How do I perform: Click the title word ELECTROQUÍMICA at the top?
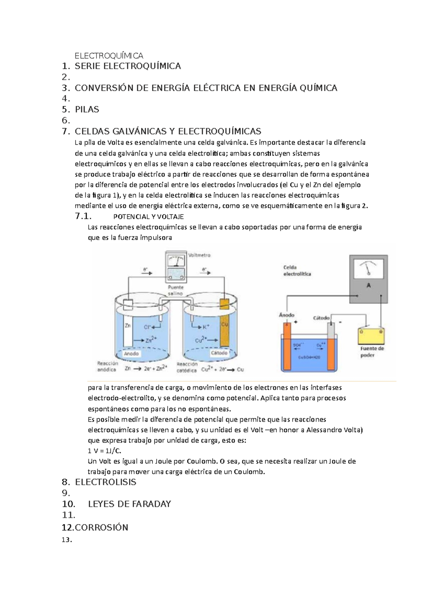click(x=109, y=56)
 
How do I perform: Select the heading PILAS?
click(x=87, y=109)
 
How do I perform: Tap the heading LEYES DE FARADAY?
click(x=129, y=504)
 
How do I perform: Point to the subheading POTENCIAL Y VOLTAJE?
click(x=148, y=217)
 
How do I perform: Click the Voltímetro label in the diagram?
click(x=199, y=255)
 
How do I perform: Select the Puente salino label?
click(x=176, y=290)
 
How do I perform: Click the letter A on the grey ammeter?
click(x=368, y=286)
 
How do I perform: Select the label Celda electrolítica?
click(x=297, y=271)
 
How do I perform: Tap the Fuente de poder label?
click(x=372, y=352)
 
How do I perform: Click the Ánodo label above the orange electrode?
click(x=287, y=315)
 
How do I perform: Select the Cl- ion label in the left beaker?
click(x=148, y=327)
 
